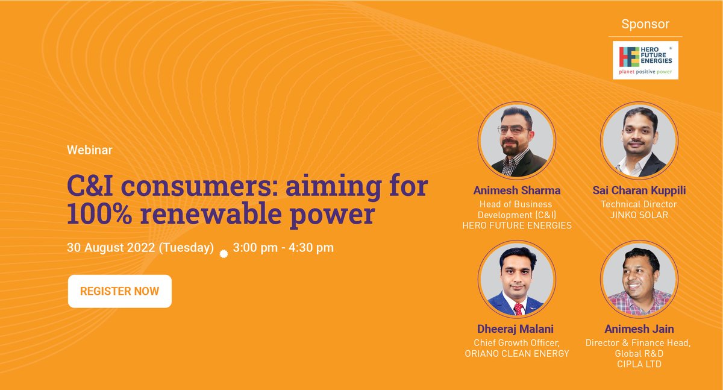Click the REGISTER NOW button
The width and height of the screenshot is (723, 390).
(119, 291)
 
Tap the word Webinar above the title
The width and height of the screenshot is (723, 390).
(89, 151)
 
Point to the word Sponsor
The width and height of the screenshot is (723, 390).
(646, 25)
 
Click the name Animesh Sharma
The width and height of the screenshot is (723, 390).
(517, 190)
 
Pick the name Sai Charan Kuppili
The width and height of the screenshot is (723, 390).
(639, 190)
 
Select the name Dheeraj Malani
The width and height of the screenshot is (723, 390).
(517, 329)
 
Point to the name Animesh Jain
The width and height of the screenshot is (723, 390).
(639, 329)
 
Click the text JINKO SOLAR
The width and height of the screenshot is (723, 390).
(639, 215)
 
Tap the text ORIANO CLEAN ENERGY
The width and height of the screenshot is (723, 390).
(517, 353)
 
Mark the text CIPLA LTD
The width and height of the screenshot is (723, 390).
(639, 365)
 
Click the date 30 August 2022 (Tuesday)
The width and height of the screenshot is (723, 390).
(140, 247)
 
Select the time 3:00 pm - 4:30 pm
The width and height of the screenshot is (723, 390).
(283, 247)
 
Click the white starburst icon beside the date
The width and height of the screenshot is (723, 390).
(224, 254)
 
